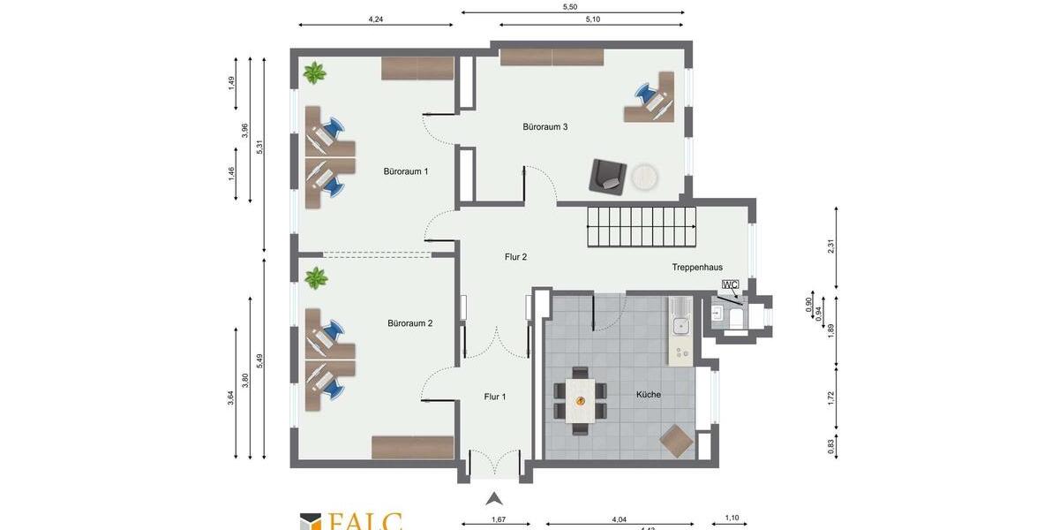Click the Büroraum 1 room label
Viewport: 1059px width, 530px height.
coord(406,171)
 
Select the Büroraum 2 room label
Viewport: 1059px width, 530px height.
coord(409,323)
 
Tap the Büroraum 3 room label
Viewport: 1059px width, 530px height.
coord(545,127)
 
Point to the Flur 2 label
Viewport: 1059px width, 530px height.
coord(515,257)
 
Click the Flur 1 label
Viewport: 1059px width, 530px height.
coord(495,397)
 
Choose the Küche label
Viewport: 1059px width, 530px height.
coord(648,394)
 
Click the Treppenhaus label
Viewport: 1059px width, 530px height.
coord(697,267)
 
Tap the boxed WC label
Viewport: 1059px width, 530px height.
coord(730,284)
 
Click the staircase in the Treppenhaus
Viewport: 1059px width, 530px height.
coord(642,227)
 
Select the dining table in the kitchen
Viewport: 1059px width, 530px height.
coord(581,400)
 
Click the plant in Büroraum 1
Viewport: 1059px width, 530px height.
coord(314,72)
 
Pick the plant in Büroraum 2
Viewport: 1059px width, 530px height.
coord(315,278)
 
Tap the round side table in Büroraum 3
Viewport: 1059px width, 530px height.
coord(644,178)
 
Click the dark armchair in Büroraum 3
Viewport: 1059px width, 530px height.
coord(608,176)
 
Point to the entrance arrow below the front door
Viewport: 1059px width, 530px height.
coord(494,499)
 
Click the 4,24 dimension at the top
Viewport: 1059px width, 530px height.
coord(376,19)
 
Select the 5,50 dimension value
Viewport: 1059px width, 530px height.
coord(570,7)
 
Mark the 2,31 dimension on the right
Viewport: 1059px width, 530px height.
coord(830,246)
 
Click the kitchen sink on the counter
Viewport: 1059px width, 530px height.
coord(680,326)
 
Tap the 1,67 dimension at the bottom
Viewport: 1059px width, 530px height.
coord(499,519)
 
